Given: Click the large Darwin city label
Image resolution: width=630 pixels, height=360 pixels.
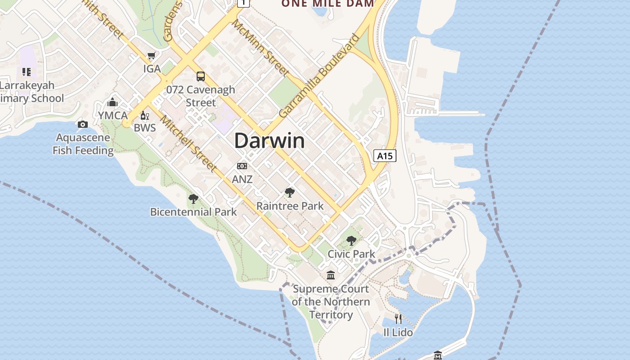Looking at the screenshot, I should [269, 141].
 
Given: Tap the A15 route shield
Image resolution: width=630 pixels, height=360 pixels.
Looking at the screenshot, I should [385, 156].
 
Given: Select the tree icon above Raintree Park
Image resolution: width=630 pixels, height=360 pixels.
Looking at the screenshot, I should [290, 193].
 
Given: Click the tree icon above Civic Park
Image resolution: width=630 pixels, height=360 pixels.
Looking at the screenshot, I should [351, 241].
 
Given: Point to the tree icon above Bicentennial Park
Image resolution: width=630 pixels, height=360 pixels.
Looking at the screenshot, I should [193, 198].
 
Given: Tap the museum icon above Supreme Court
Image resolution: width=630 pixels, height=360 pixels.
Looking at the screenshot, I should [331, 275].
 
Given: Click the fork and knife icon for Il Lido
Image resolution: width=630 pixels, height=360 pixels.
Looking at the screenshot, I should [398, 319].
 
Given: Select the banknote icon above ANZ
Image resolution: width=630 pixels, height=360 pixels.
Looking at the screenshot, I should [242, 166].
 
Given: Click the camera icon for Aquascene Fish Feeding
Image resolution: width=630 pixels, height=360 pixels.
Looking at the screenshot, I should [82, 124].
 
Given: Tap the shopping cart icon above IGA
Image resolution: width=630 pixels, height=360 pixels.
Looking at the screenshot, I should [152, 56].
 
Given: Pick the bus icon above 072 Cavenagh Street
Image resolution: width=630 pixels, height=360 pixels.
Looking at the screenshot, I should [201, 76].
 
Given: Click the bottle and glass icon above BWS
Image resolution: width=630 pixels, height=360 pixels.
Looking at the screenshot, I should [144, 115].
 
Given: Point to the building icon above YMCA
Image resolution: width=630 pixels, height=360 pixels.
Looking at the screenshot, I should [112, 102].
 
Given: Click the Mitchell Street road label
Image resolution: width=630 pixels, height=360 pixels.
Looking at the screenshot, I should [189, 144].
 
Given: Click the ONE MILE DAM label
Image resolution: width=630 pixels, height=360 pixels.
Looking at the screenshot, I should [328, 4].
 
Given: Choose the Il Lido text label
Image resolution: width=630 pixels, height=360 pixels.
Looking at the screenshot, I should [398, 333].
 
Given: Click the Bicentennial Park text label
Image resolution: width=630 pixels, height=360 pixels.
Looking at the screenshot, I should [193, 212].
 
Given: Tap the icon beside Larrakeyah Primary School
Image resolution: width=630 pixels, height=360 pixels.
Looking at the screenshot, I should [27, 72].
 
